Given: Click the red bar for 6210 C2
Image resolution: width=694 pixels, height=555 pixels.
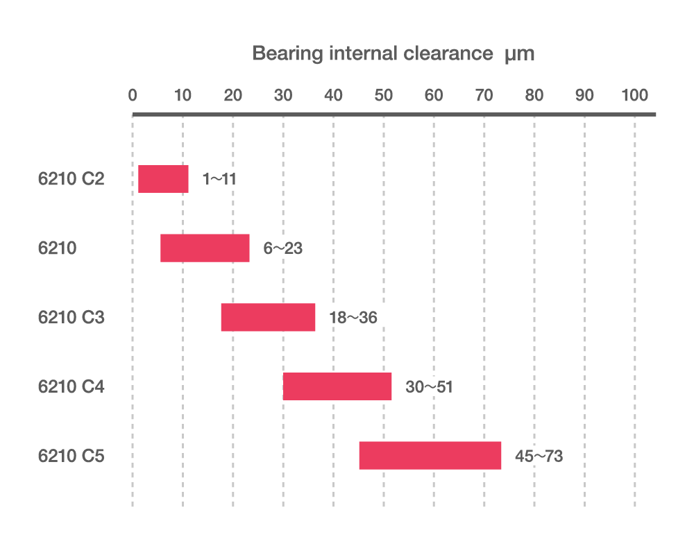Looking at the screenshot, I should (x=163, y=179).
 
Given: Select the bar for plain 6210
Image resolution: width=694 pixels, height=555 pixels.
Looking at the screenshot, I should (x=205, y=248).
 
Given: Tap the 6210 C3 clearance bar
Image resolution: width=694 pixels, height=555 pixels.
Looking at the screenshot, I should (x=268, y=317).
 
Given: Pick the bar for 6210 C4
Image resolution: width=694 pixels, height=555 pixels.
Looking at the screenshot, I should (x=337, y=386).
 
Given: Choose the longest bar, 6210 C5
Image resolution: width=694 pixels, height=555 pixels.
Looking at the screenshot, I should (x=430, y=456).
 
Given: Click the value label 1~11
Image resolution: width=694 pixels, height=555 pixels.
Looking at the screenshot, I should (x=219, y=179).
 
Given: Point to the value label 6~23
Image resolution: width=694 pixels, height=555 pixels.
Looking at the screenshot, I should (x=282, y=248).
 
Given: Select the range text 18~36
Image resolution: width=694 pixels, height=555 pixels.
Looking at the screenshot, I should (x=353, y=318).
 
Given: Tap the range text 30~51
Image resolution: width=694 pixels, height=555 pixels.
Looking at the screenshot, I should (x=429, y=387).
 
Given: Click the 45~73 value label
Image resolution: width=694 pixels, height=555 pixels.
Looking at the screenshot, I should (x=539, y=456).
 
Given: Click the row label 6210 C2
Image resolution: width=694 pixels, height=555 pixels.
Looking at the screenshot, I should (x=71, y=179).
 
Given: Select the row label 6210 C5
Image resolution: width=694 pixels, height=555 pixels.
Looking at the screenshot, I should (x=71, y=456).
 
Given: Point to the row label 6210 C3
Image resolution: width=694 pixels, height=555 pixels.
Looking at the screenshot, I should (x=71, y=318).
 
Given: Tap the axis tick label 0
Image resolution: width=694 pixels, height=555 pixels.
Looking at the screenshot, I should (x=133, y=95).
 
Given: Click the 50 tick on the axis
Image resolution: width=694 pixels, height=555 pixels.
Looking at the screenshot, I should (x=384, y=95).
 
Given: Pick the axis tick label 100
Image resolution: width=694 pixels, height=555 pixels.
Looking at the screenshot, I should (x=634, y=95).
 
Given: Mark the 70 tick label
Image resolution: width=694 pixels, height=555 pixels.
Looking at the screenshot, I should (x=484, y=95).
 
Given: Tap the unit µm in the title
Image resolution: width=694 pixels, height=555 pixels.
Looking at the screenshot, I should (x=519, y=55).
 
